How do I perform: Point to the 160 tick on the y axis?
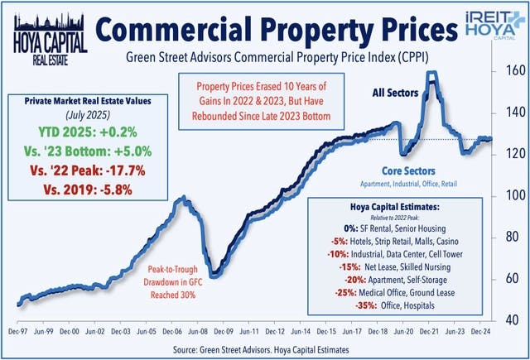[x=513, y=71]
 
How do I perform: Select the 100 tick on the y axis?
[x=513, y=195]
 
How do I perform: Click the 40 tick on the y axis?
[x=513, y=319]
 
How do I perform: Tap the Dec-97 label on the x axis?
[x=18, y=329]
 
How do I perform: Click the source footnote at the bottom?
[x=264, y=349]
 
